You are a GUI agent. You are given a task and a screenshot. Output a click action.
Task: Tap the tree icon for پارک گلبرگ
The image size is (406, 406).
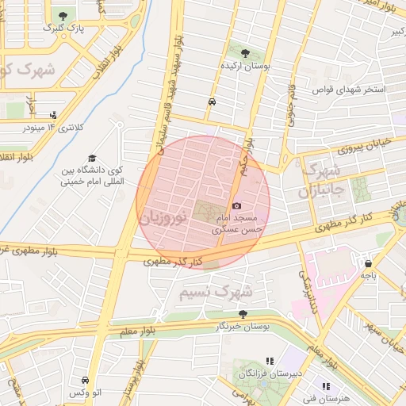click(63, 15)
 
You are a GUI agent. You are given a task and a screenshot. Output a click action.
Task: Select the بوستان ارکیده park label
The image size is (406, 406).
click(246, 67)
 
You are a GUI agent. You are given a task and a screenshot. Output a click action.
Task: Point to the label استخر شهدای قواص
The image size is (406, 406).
click(349, 90)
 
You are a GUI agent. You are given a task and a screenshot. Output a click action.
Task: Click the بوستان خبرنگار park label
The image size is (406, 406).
click(243, 326)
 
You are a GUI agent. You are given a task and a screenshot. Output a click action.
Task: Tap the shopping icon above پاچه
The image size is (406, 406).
click(368, 262)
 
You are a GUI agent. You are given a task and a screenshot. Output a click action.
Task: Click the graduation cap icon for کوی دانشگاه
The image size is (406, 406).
click(93, 158)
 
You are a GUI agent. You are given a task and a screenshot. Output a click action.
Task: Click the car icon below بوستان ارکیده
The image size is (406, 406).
click(212, 102)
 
